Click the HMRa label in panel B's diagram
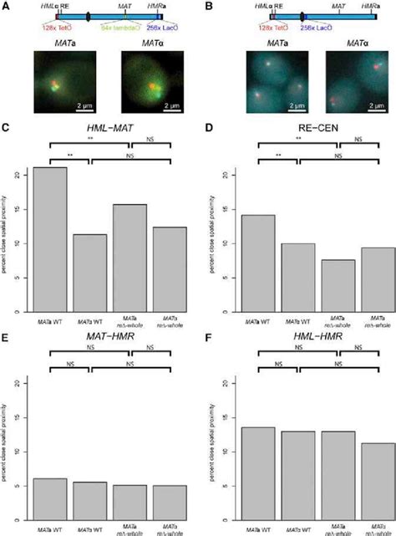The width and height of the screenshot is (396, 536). [364, 5]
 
